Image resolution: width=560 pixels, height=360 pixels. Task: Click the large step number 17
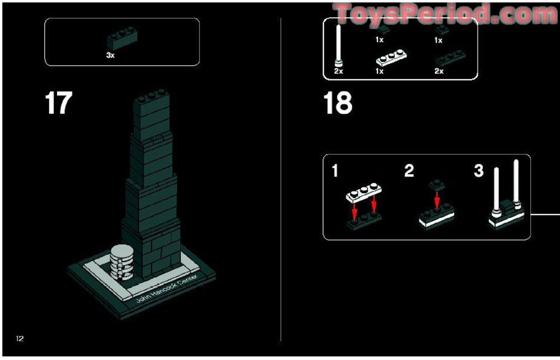(58, 104)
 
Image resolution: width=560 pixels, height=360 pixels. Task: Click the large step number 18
(338, 104)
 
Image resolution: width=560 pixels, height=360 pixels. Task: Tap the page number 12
(20, 338)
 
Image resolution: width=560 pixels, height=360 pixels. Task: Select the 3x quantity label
(110, 56)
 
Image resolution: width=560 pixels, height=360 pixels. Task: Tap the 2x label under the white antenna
(338, 71)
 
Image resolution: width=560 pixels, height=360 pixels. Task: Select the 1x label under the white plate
(379, 71)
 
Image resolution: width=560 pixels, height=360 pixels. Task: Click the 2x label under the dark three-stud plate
(438, 71)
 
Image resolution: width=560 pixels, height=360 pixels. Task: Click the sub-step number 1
(335, 171)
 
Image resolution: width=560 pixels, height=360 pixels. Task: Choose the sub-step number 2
(409, 171)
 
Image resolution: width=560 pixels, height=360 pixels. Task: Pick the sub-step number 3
(478, 171)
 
